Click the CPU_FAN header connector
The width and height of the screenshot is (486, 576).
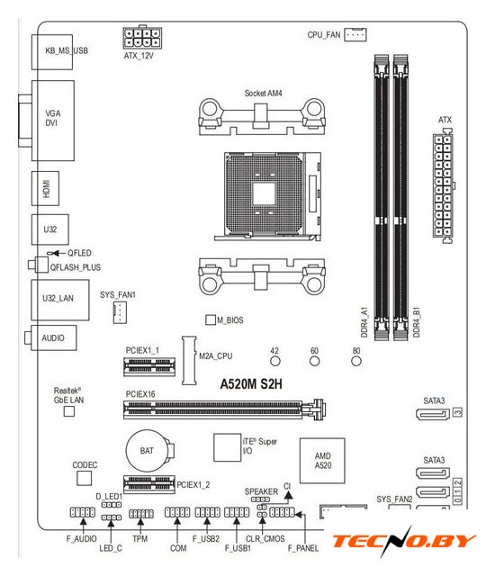coord(355,34)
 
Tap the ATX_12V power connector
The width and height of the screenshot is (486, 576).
coord(142,38)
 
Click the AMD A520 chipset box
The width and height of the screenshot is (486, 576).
coord(322,461)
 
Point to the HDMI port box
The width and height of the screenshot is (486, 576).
coord(46,188)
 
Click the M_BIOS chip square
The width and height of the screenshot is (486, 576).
coord(211,319)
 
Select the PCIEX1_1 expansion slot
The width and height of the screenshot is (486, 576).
coord(149,366)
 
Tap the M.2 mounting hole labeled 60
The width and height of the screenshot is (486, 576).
coord(314,362)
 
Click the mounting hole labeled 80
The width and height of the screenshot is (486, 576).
coord(356,362)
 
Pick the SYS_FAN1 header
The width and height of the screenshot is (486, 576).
coord(120,312)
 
